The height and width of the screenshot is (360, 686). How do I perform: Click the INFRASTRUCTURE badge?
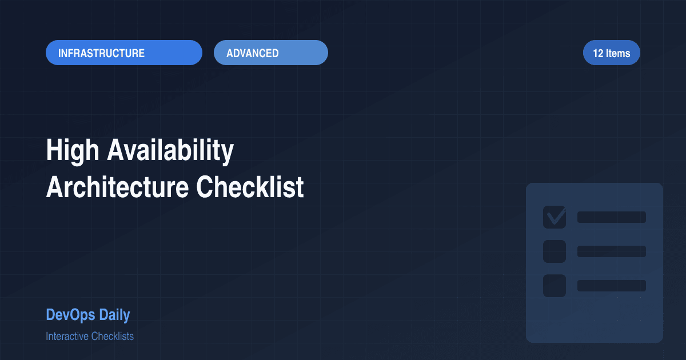123,53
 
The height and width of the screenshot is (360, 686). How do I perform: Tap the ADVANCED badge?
270,53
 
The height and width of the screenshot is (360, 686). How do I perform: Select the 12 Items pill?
611,53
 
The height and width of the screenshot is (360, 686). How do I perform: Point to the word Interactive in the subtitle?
67,336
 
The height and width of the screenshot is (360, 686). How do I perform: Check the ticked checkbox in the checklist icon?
554,217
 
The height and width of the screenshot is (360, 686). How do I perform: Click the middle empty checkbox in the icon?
554,251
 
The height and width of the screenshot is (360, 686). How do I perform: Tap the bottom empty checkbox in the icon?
554,286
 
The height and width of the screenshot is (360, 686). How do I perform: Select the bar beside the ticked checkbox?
611,217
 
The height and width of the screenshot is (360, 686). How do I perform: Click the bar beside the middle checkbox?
611,251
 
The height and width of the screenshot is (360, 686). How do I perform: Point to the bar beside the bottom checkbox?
611,286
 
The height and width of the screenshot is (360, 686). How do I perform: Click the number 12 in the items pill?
598,53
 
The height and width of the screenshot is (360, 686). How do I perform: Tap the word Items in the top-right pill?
618,53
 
